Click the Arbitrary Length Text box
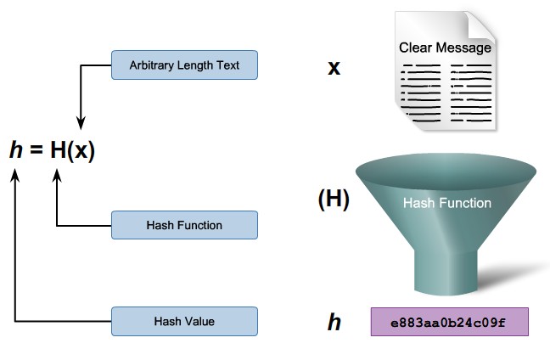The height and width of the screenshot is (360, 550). point(184,65)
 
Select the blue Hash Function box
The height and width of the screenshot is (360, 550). point(184,225)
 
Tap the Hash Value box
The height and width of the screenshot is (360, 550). point(184,321)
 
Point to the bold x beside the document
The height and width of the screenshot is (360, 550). point(334,66)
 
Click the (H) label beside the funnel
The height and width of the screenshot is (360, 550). point(333,200)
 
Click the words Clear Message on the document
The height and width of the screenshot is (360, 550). point(445,48)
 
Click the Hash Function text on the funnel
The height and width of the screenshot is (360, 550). point(446,203)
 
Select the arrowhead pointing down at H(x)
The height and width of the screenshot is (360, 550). point(79,122)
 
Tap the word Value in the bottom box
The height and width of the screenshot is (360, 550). point(199,321)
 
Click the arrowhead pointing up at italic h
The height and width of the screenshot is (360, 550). point(15,175)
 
